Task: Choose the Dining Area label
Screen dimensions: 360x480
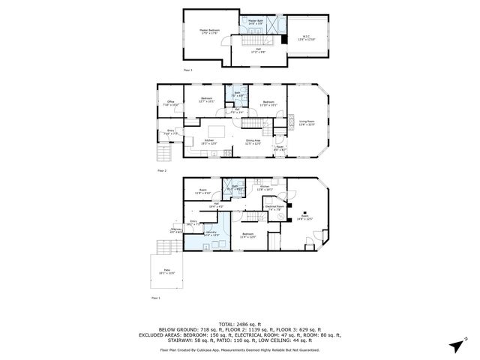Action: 253,142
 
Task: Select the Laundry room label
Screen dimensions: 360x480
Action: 213,234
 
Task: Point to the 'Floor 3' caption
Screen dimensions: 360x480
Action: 187,70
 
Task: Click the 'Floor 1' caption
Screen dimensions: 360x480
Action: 156,298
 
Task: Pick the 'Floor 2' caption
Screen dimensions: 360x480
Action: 161,170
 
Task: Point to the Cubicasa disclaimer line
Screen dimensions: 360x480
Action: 240,349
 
